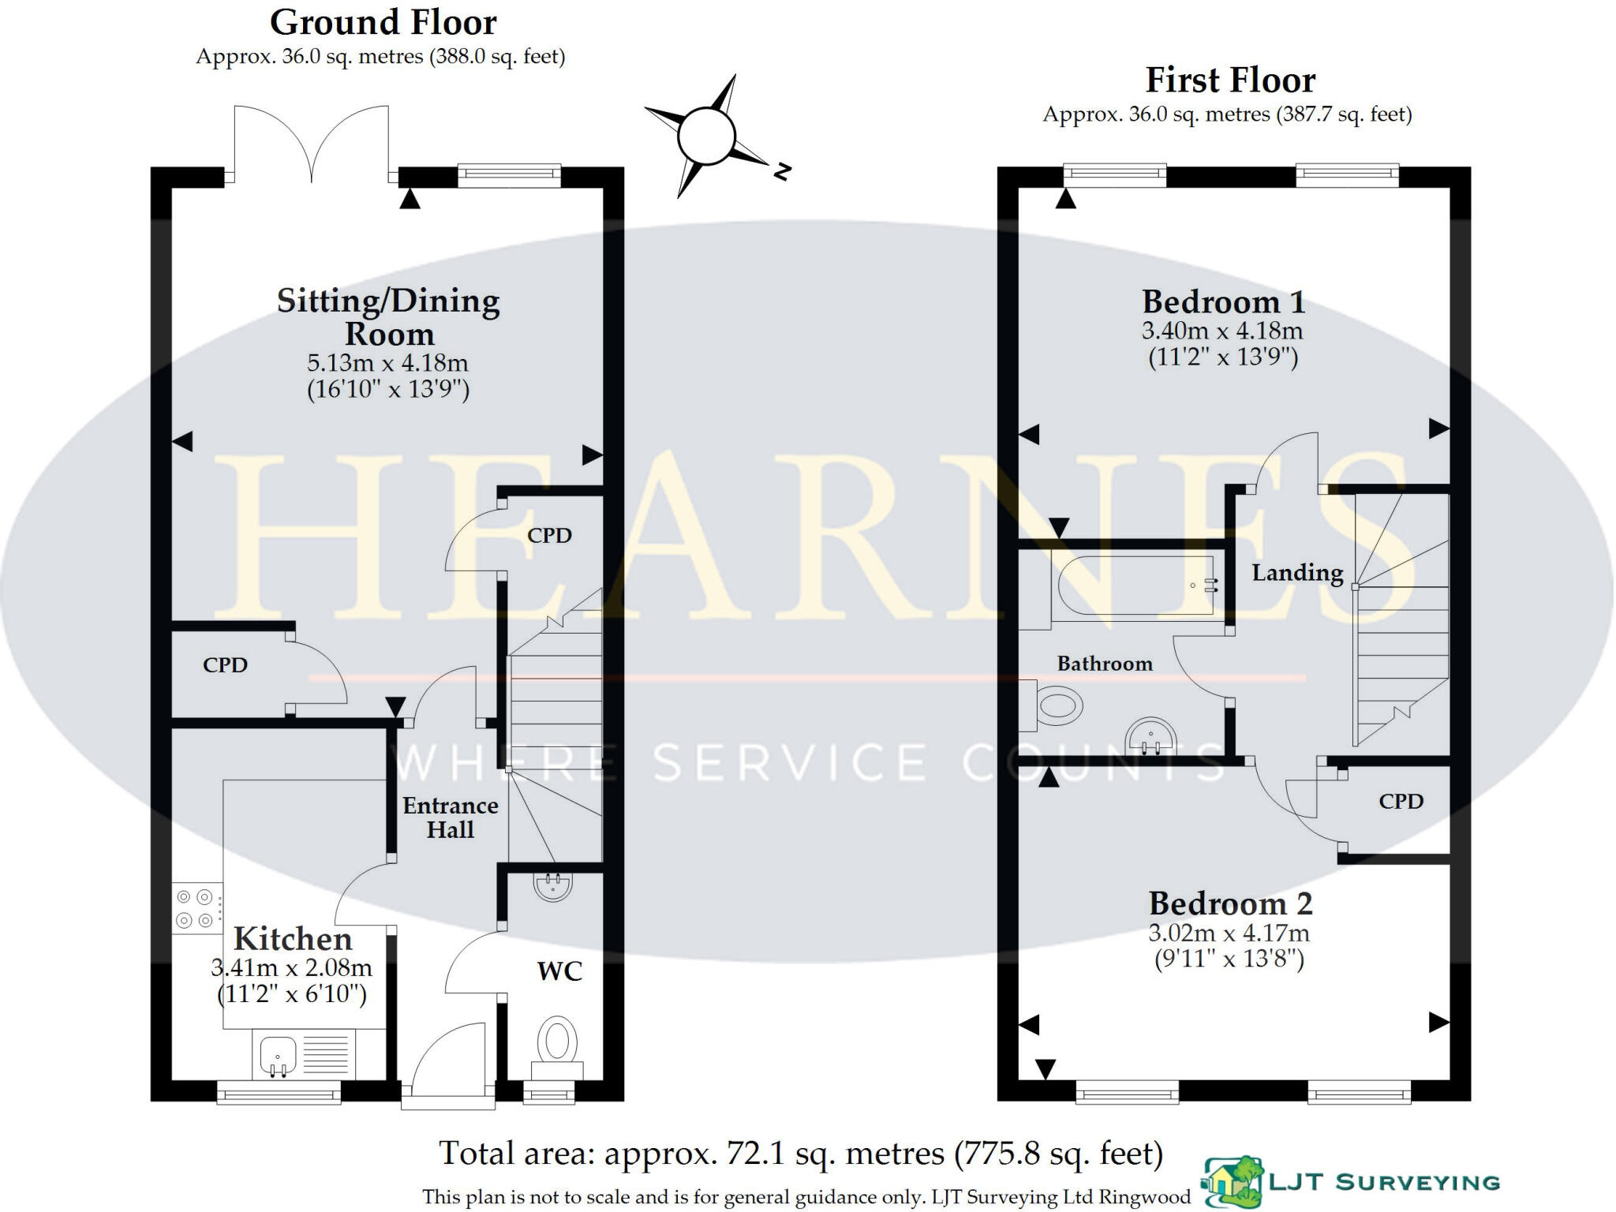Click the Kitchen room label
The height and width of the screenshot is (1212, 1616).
(293, 939)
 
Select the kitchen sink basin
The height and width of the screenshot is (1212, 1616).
(277, 1054)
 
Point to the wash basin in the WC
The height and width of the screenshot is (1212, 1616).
(552, 886)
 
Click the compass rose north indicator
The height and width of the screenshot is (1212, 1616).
(781, 170)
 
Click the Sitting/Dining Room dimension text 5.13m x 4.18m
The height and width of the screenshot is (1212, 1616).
(387, 363)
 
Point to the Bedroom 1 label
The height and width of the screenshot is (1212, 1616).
(1223, 302)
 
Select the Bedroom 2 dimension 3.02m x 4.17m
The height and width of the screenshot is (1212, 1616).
(1229, 933)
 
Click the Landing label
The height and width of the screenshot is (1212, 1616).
(1297, 573)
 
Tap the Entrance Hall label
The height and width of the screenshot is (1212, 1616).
(451, 817)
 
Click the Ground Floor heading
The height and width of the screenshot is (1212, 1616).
(383, 23)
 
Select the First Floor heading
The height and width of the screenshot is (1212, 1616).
(1230, 80)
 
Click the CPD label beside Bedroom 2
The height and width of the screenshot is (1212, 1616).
(1401, 802)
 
